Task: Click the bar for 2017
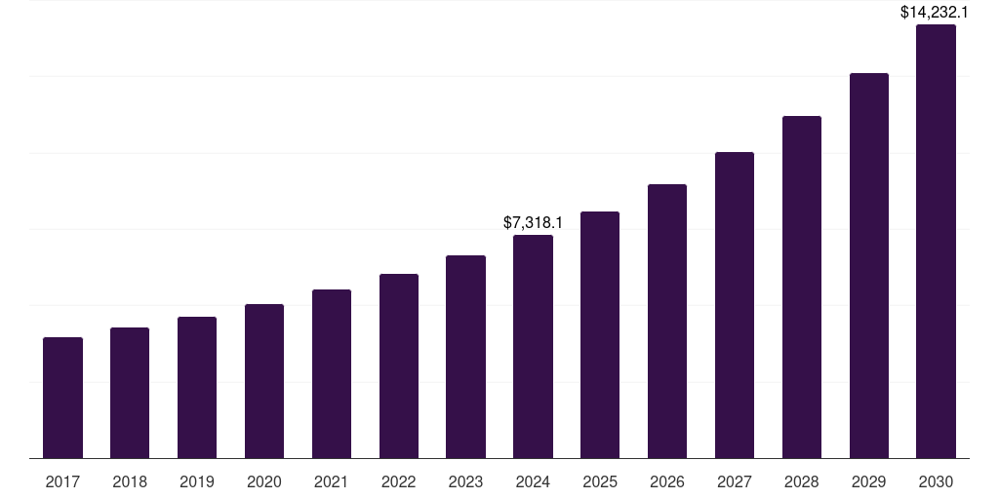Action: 62,398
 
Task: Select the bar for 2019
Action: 197,387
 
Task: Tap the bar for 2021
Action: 332,373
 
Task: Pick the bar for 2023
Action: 465,357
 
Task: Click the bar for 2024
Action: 533,346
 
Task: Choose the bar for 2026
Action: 667,321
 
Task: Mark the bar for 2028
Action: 802,287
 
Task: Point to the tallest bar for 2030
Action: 936,241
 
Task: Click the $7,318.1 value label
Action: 533,222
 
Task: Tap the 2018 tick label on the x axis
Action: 130,481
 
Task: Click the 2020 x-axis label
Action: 264,481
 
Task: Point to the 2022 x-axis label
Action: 398,481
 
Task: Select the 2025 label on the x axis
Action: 600,481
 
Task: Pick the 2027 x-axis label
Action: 735,481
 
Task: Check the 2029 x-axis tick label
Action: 868,481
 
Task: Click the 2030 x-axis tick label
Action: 936,481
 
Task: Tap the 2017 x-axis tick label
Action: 62,481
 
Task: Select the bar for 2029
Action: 868,265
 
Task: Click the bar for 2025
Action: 600,334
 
